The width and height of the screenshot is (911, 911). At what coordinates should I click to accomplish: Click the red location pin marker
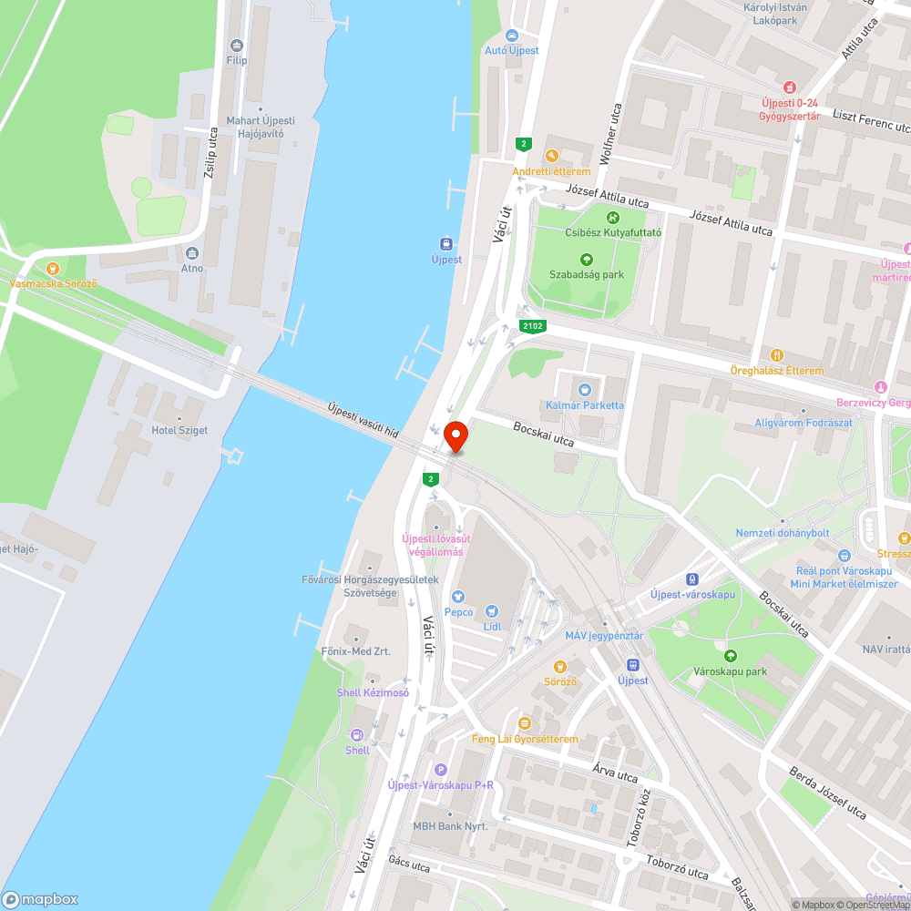click(455, 438)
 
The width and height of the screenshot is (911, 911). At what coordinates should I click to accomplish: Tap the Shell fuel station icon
click(357, 734)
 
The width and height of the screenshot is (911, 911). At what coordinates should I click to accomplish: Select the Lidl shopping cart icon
click(493, 611)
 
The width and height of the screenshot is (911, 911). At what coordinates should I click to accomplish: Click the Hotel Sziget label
click(179, 430)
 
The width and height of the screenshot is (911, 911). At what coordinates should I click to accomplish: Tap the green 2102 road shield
click(533, 325)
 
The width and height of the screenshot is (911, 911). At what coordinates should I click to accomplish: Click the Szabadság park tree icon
click(586, 259)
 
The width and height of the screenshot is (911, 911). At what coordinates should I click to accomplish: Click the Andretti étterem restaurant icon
click(550, 156)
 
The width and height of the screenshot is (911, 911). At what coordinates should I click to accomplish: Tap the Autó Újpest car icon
click(511, 35)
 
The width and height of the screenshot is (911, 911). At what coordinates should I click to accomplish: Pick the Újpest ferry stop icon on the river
click(446, 243)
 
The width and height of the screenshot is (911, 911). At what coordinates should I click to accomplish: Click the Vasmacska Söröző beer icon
click(52, 268)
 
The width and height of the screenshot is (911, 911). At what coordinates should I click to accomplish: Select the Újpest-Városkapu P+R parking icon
click(441, 770)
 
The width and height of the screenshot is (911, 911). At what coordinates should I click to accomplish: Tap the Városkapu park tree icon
click(730, 656)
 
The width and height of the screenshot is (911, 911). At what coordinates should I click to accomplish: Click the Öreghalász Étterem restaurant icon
click(776, 355)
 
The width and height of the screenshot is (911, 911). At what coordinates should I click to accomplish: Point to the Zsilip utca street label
click(211, 152)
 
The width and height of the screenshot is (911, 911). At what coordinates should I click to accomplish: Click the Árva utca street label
click(614, 775)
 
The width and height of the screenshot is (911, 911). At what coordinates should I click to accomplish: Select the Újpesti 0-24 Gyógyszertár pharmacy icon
click(789, 87)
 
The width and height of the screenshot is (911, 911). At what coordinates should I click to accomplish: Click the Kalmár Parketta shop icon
click(585, 390)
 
